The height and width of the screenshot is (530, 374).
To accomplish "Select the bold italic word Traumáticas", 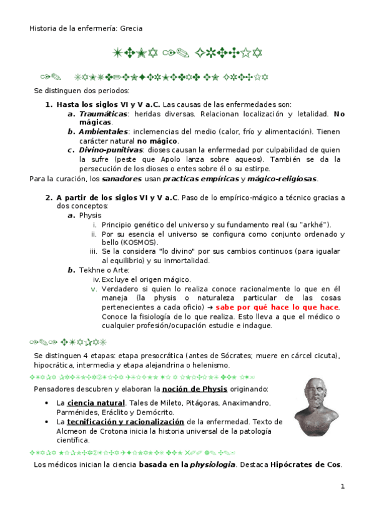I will (102, 114).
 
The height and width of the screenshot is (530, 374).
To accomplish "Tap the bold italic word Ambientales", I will (102, 132).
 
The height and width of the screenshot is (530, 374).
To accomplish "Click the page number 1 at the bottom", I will (343, 487).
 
